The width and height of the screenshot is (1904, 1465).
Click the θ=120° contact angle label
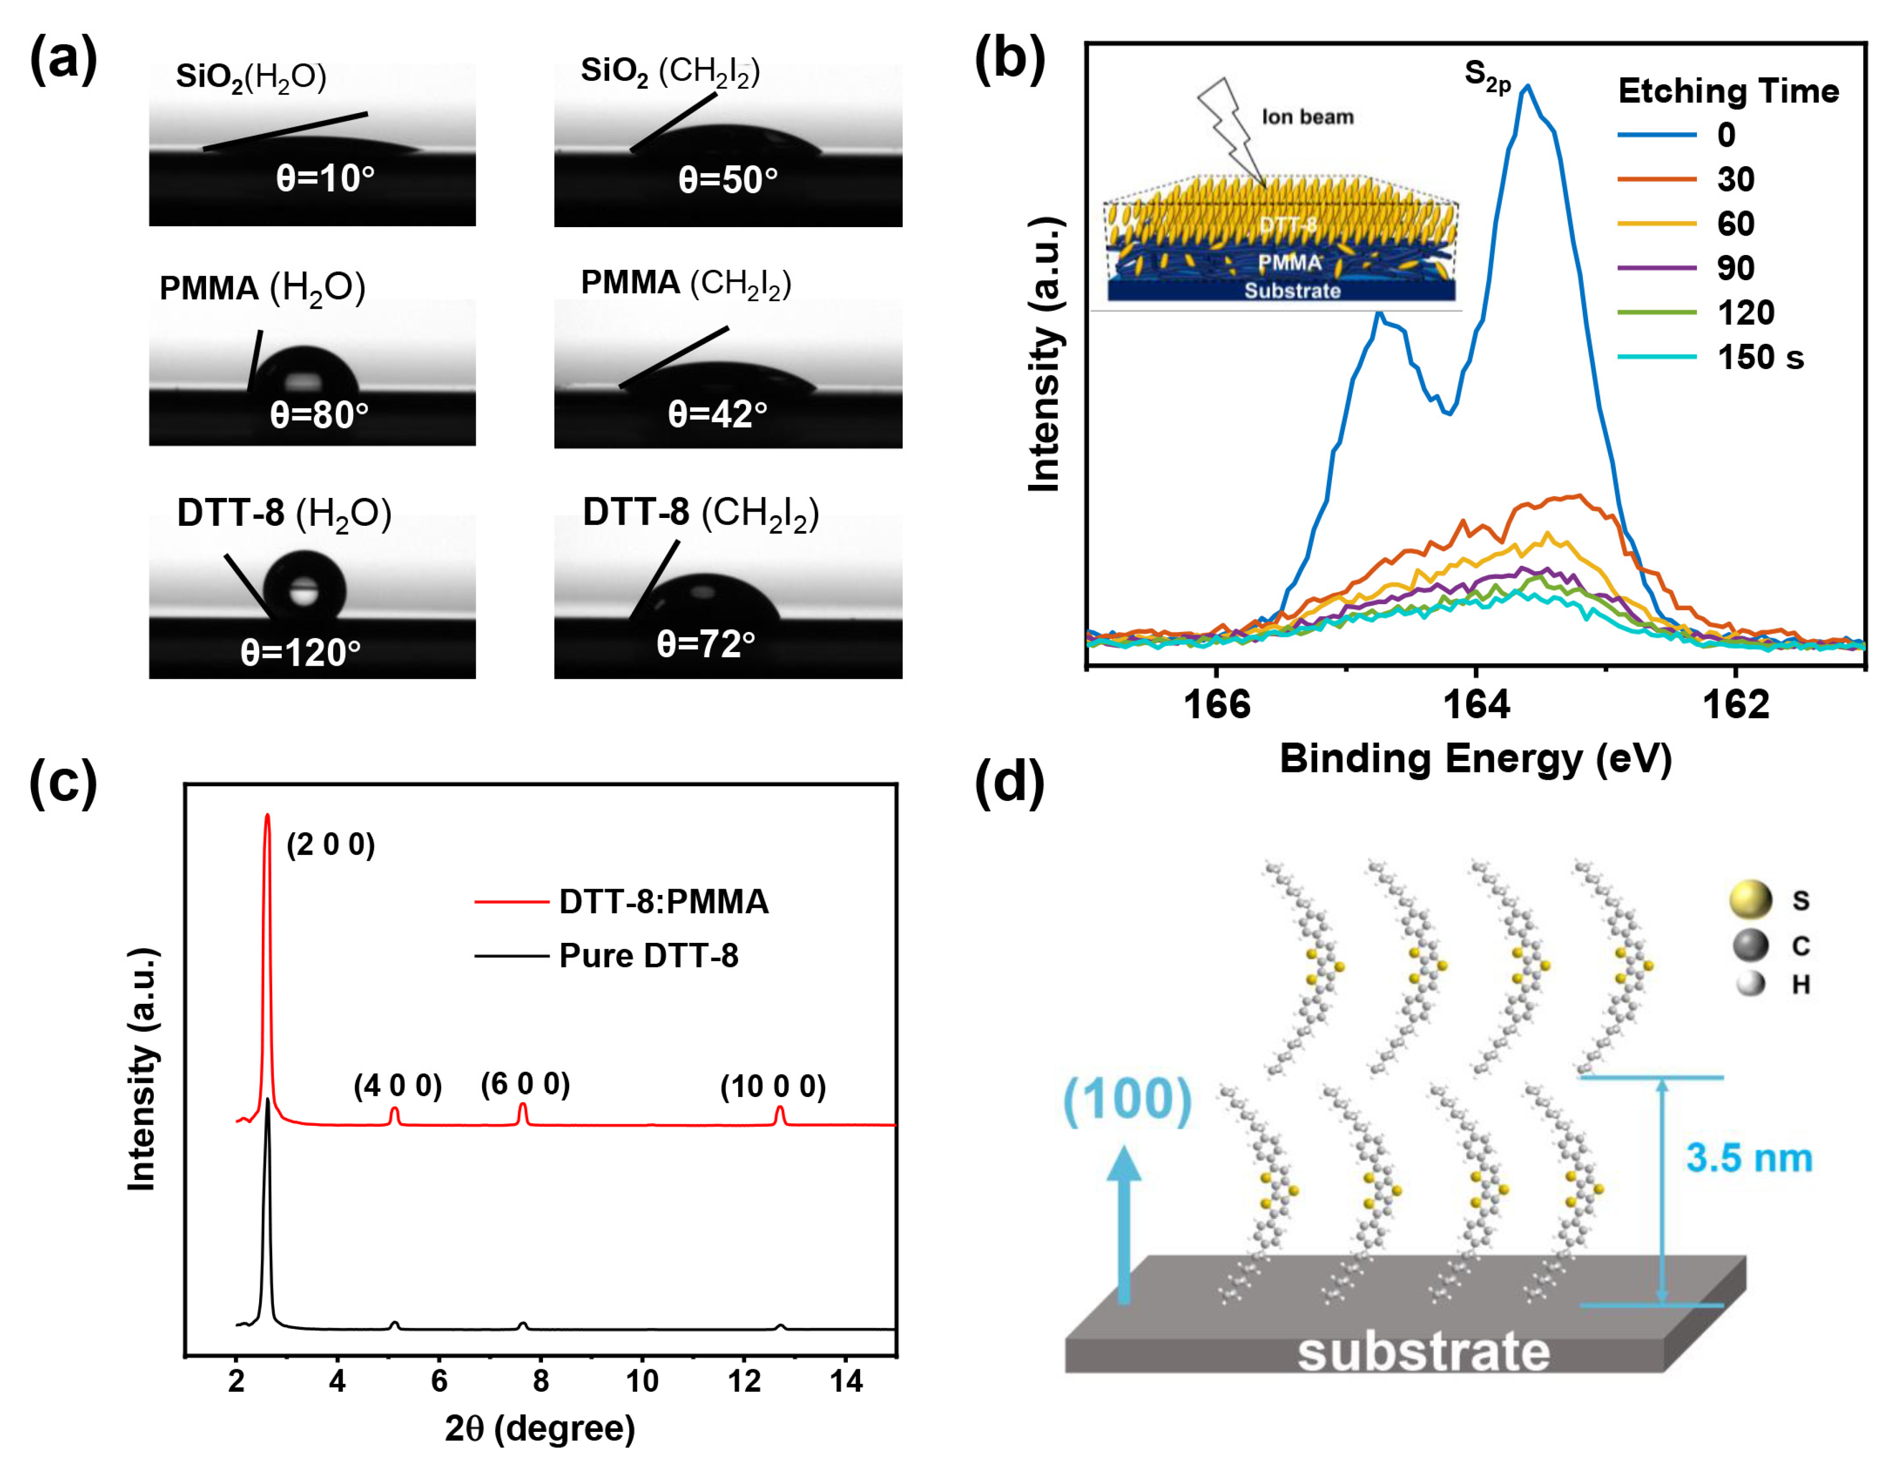coord(301,652)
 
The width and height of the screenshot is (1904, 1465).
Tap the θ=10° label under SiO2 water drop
coord(325,179)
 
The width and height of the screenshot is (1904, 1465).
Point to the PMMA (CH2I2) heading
coord(686,283)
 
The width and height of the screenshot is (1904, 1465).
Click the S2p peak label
coord(1487,77)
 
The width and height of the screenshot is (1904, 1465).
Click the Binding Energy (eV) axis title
coord(1475,759)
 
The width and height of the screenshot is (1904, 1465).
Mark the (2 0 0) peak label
coord(331,844)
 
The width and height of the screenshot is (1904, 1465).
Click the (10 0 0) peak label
coord(772,1086)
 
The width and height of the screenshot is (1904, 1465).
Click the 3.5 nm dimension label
coord(1749,1158)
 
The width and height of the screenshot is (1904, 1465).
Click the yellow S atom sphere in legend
coord(1751,899)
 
